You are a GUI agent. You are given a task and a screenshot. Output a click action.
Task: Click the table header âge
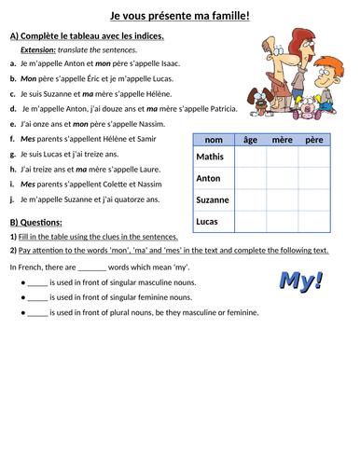tap(250, 140)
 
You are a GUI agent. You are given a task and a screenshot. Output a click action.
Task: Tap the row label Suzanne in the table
tap(213, 199)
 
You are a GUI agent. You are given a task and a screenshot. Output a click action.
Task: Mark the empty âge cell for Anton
tap(250, 178)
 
